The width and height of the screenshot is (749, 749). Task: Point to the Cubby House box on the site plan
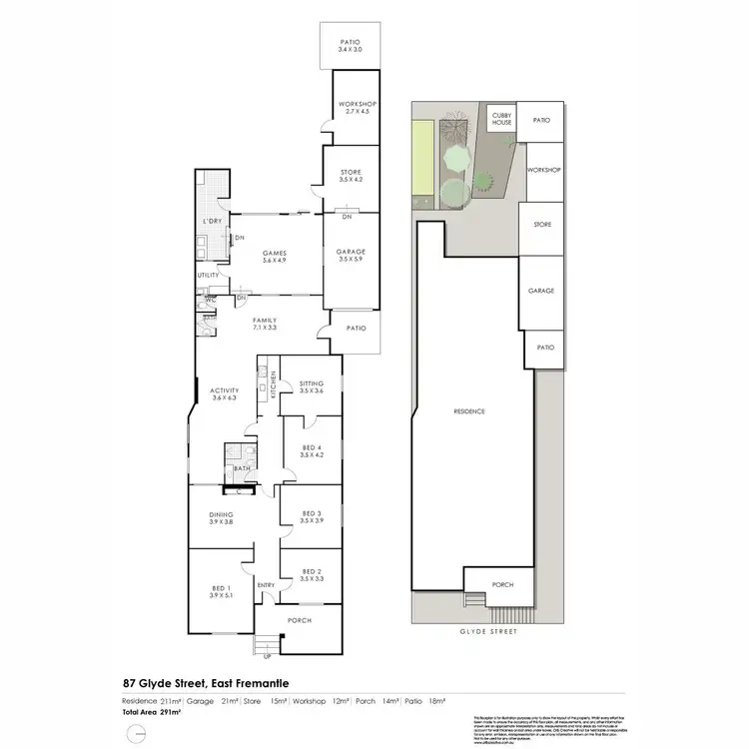click(501, 120)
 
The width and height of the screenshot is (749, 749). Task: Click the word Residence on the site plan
click(468, 411)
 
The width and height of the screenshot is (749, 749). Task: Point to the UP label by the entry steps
click(266, 656)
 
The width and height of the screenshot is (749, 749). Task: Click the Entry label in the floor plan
click(266, 585)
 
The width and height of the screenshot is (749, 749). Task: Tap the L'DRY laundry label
click(211, 220)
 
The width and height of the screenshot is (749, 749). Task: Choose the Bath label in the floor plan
click(241, 467)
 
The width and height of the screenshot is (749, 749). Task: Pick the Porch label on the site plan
click(503, 584)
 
